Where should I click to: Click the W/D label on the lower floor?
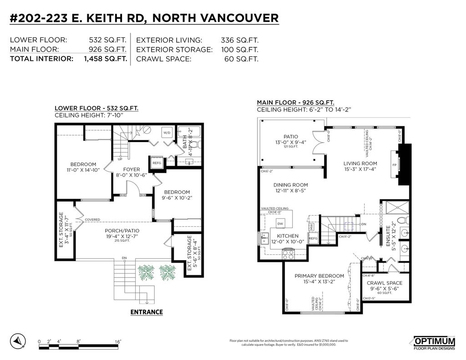point(167,133)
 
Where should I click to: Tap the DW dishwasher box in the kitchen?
point(281,224)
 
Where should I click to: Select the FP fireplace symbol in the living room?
point(394,165)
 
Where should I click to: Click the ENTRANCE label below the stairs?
point(147,312)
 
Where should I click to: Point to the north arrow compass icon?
point(17,340)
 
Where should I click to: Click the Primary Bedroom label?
point(319,276)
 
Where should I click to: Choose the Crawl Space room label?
point(385,283)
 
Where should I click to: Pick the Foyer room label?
point(132,169)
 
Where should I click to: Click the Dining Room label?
point(290,185)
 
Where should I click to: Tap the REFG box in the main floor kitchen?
point(313,238)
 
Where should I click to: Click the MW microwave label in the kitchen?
point(311,226)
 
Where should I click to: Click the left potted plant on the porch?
point(147,273)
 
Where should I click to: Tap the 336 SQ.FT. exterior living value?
point(239,40)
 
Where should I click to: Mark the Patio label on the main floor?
point(290,136)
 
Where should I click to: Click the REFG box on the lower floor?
point(157,163)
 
